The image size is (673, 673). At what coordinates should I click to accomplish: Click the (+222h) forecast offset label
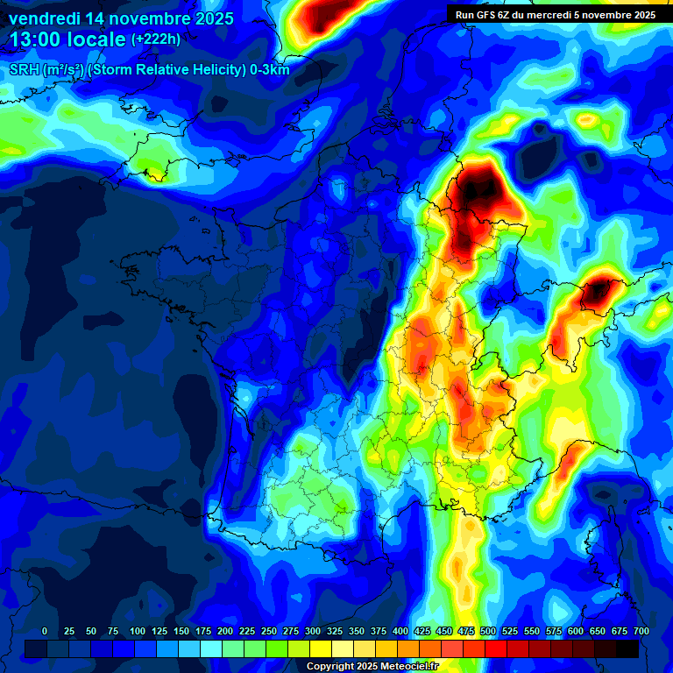pos(156,39)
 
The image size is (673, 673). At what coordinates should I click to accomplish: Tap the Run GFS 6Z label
pos(482,15)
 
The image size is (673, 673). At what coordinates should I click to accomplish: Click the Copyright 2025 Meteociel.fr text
pos(372,667)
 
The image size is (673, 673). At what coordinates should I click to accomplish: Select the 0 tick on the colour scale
pos(45,631)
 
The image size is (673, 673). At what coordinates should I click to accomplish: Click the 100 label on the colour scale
pos(138,631)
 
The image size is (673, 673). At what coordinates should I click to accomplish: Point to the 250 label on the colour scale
pos(269,631)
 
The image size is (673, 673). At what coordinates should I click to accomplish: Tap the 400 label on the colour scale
pos(400,631)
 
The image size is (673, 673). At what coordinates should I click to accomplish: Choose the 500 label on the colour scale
pos(488,631)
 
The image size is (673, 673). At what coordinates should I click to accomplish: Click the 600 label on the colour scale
pos(576,631)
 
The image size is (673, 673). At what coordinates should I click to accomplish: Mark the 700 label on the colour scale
pos(641,631)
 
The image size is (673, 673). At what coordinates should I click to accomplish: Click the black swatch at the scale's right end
pos(627,648)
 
